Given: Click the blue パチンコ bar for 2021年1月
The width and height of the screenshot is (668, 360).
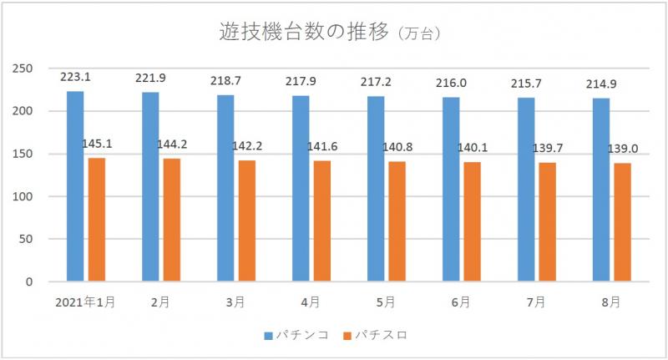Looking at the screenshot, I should pos(75,186).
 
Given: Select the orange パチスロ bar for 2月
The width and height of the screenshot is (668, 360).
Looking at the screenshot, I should pos(171,220).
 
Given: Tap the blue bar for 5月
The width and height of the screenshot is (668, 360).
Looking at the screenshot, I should pos(376,189).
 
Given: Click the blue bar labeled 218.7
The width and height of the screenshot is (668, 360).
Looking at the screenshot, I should pos(225,188).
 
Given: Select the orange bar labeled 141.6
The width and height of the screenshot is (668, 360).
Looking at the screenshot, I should pos(321,221).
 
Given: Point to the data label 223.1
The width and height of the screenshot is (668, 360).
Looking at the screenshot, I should pos(75,77).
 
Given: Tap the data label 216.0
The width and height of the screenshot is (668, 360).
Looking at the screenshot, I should pos(451,83).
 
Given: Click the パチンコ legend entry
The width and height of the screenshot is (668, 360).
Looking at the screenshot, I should pos(296,335).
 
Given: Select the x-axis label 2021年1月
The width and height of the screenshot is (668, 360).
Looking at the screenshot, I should pos(84,302).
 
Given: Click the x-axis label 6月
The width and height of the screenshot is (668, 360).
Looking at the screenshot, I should pos(460,302).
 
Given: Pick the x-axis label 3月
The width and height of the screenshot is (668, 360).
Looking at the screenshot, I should pos(235,302).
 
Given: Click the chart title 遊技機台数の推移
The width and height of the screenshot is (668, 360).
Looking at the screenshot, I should pos(304,33).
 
